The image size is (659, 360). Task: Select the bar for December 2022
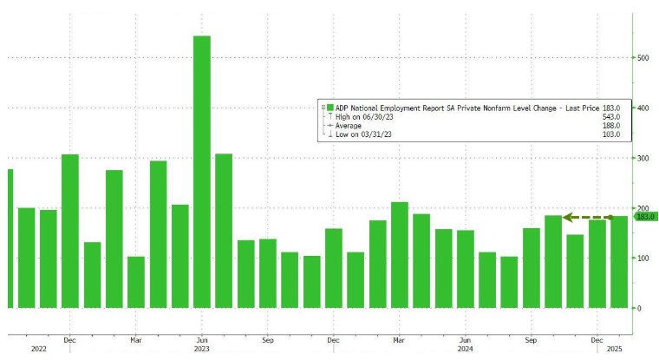(70, 231)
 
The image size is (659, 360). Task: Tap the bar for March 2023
(136, 282)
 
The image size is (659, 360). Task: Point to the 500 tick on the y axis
(643, 58)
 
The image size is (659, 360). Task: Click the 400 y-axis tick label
(643, 108)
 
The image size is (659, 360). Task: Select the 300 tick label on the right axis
(643, 159)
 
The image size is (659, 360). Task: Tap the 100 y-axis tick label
(643, 259)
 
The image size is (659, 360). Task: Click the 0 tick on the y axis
(640, 309)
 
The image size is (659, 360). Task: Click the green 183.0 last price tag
(646, 217)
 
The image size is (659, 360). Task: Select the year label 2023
(201, 350)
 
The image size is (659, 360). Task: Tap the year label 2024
(465, 350)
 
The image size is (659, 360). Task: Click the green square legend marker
(331, 107)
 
